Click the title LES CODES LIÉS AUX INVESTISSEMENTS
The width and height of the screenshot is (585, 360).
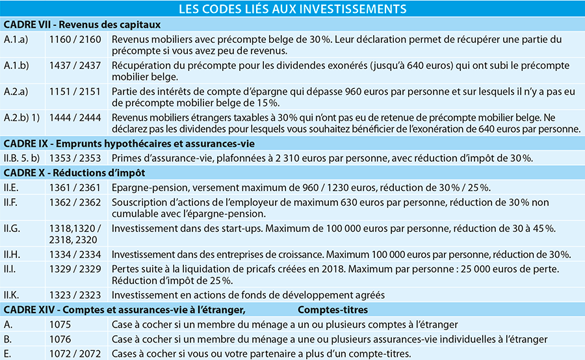tap(292, 8)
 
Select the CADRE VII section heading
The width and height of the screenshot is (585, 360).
tap(81, 25)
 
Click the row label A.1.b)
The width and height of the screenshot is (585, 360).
tap(16, 66)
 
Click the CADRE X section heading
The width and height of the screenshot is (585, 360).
tap(74, 173)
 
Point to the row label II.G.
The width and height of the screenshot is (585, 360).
tap(12, 228)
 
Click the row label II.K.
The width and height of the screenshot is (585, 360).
tap(12, 294)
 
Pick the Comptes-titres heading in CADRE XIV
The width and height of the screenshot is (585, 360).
tap(333, 309)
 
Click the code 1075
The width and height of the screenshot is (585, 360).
tap(60, 324)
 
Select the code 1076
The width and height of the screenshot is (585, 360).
tap(60, 339)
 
